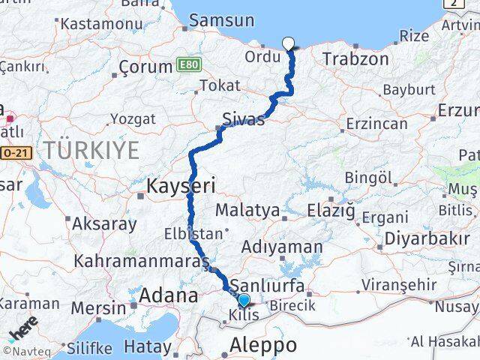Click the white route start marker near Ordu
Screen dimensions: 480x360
(x=289, y=43)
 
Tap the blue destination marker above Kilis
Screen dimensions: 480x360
(x=244, y=301)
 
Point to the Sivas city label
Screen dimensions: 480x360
(x=244, y=119)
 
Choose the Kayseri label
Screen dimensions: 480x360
(x=181, y=184)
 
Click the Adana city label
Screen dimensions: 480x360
(x=168, y=295)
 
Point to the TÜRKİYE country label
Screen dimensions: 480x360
(x=91, y=150)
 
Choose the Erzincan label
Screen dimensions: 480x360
(x=377, y=123)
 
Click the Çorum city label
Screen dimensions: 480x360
(x=146, y=68)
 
